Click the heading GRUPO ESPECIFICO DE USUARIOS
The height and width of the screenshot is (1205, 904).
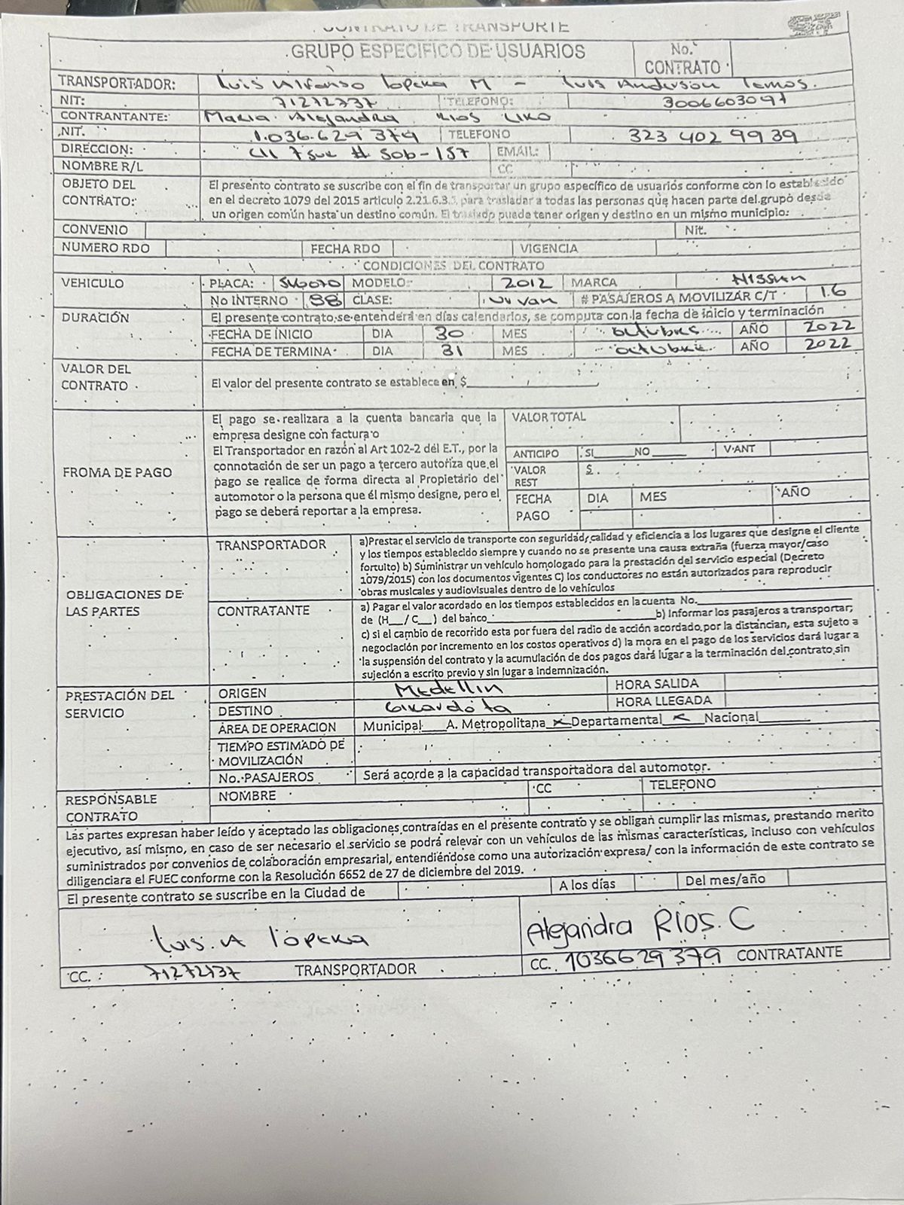pyautogui.click(x=438, y=52)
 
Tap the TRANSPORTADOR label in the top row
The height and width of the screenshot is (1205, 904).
pyautogui.click(x=117, y=83)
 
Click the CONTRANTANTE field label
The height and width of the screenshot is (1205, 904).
pyautogui.click(x=114, y=117)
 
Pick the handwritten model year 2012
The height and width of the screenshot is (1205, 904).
pyautogui.click(x=528, y=284)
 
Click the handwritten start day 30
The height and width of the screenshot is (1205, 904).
pyautogui.click(x=451, y=333)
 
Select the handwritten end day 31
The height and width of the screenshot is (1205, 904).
pyautogui.click(x=451, y=351)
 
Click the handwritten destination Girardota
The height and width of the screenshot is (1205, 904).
pyautogui.click(x=447, y=708)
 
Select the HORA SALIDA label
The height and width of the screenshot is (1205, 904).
pyautogui.click(x=656, y=685)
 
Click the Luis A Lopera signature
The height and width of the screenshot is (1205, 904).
pyautogui.click(x=260, y=938)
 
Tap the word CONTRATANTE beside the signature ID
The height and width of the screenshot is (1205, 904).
pyautogui.click(x=789, y=953)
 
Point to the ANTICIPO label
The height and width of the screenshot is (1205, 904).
pyautogui.click(x=536, y=453)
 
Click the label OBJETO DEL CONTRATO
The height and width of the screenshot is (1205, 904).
pyautogui.click(x=99, y=192)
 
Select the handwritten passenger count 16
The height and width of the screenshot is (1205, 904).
pyautogui.click(x=833, y=291)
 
